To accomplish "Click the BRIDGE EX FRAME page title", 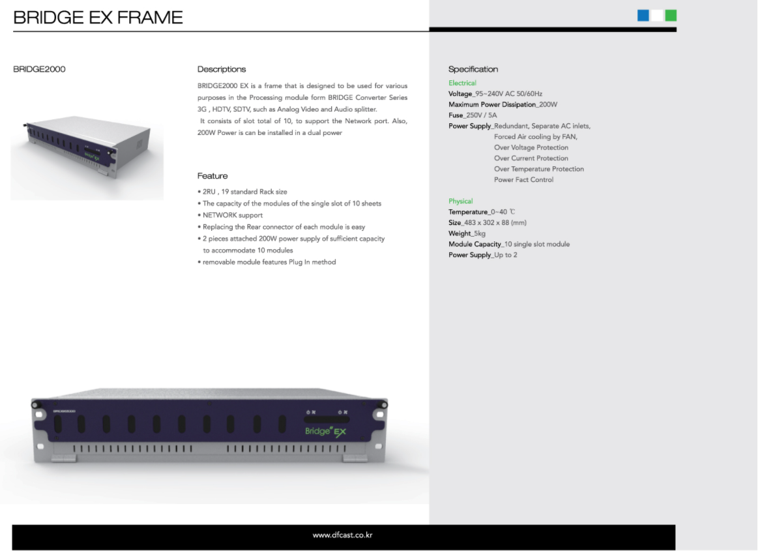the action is click(x=98, y=18).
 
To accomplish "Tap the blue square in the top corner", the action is click(x=643, y=16).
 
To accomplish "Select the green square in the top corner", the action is click(x=671, y=16).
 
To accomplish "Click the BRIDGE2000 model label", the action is click(x=39, y=69).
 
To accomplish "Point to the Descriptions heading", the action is click(x=222, y=69).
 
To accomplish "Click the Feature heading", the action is click(x=212, y=175).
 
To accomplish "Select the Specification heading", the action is click(x=473, y=69).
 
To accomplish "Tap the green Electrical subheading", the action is click(x=462, y=83).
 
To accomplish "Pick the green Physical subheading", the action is click(x=460, y=201).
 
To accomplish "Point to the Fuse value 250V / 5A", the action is click(x=482, y=115).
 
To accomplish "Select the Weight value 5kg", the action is click(x=479, y=233).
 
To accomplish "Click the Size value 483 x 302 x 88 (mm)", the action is click(x=495, y=223).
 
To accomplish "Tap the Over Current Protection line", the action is click(x=531, y=158).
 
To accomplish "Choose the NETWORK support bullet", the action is click(x=230, y=215).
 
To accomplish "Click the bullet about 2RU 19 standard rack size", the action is click(x=242, y=192).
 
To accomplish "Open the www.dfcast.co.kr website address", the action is click(x=343, y=535).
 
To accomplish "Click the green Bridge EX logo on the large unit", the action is click(x=326, y=432).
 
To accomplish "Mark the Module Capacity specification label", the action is click(x=475, y=244).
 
